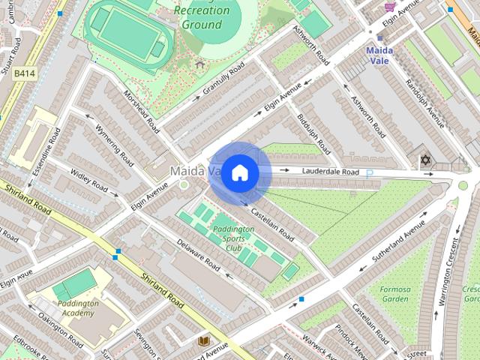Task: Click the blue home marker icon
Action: [x=239, y=173]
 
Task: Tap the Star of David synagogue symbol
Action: [x=427, y=160]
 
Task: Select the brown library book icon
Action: [x=203, y=341]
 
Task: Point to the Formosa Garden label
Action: [x=394, y=294]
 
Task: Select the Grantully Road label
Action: [x=223, y=81]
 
